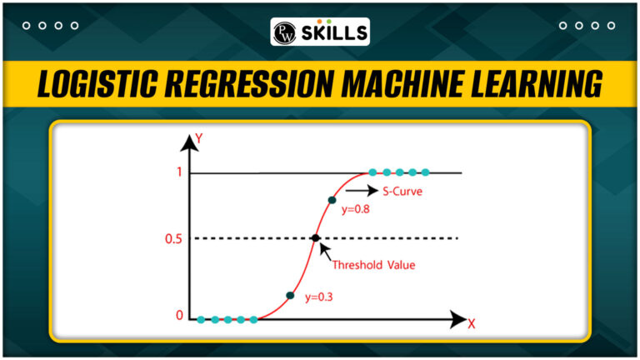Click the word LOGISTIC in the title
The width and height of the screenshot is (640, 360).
(x=97, y=83)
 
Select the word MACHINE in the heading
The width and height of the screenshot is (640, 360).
(x=402, y=83)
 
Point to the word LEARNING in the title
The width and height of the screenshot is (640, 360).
(x=537, y=83)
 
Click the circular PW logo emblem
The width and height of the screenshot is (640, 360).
(x=284, y=32)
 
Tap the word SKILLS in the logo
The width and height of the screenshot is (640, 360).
(x=334, y=33)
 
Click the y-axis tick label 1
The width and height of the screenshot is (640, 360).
(x=179, y=172)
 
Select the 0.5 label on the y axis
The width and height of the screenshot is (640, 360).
(x=173, y=239)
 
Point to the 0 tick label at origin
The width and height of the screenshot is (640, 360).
(x=180, y=315)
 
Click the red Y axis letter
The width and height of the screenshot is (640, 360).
(x=199, y=139)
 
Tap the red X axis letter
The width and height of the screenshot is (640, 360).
(x=472, y=324)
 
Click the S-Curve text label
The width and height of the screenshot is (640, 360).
(x=402, y=192)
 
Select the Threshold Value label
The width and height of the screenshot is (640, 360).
(x=373, y=265)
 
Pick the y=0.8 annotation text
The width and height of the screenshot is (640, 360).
(x=356, y=209)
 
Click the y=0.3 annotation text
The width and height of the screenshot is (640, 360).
(x=319, y=297)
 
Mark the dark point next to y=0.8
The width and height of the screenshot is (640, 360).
(x=332, y=200)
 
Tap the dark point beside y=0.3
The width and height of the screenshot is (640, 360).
(x=290, y=296)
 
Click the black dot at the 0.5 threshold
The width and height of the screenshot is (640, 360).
(x=316, y=238)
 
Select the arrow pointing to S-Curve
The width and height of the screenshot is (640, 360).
(x=362, y=190)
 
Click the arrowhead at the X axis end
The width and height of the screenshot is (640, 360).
(x=458, y=319)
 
